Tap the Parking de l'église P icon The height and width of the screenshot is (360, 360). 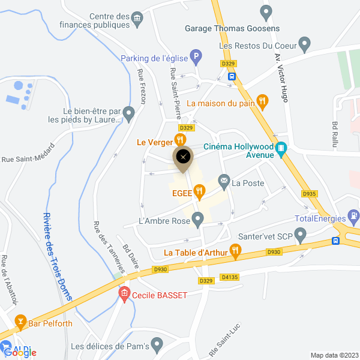tap(196, 58)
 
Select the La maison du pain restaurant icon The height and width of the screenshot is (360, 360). tap(262, 102)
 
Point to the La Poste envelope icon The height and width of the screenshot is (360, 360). tap(224, 180)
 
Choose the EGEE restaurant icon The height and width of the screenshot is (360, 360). tap(199, 192)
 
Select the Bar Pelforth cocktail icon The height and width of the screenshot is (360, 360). tap(20, 321)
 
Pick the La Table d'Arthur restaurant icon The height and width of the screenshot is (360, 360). tap(235, 252)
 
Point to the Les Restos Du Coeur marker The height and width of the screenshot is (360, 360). tap(304, 44)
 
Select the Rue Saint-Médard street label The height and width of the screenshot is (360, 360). tap(28, 159)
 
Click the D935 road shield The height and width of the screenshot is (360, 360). tap(309, 194)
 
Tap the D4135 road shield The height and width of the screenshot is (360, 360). tap(230, 277)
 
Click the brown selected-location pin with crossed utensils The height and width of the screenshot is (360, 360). tap(183, 158)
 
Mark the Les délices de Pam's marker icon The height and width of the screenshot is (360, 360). tap(157, 345)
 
